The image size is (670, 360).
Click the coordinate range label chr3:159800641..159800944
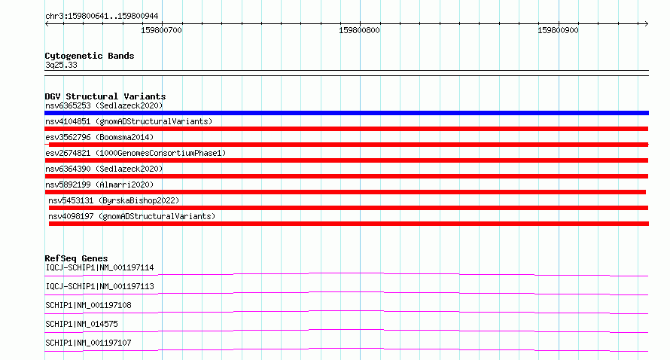point(102,17)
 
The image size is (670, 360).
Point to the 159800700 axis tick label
point(162,30)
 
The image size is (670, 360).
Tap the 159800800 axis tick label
point(359,30)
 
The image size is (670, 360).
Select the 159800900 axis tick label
point(558,30)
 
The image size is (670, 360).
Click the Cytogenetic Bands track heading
point(90,56)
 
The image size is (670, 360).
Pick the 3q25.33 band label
point(61,65)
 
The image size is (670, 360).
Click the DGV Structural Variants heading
point(105,96)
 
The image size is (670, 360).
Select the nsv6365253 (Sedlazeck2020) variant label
point(104,105)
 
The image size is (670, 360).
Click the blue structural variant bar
point(346,113)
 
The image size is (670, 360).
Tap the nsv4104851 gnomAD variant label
point(129,121)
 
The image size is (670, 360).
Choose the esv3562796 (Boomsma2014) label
point(99,137)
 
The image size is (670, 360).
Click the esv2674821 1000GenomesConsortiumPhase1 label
point(136,153)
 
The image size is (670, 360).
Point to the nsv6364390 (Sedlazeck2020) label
point(104,169)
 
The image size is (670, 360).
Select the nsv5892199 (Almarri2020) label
point(99,185)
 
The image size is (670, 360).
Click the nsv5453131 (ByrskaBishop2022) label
point(114,200)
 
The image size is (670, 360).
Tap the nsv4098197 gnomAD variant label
point(132,216)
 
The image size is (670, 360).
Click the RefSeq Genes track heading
point(76,258)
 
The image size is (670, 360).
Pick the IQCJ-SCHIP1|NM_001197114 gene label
point(99,267)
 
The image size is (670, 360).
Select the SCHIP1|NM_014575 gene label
point(81,324)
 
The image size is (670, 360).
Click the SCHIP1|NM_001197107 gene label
point(88,343)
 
